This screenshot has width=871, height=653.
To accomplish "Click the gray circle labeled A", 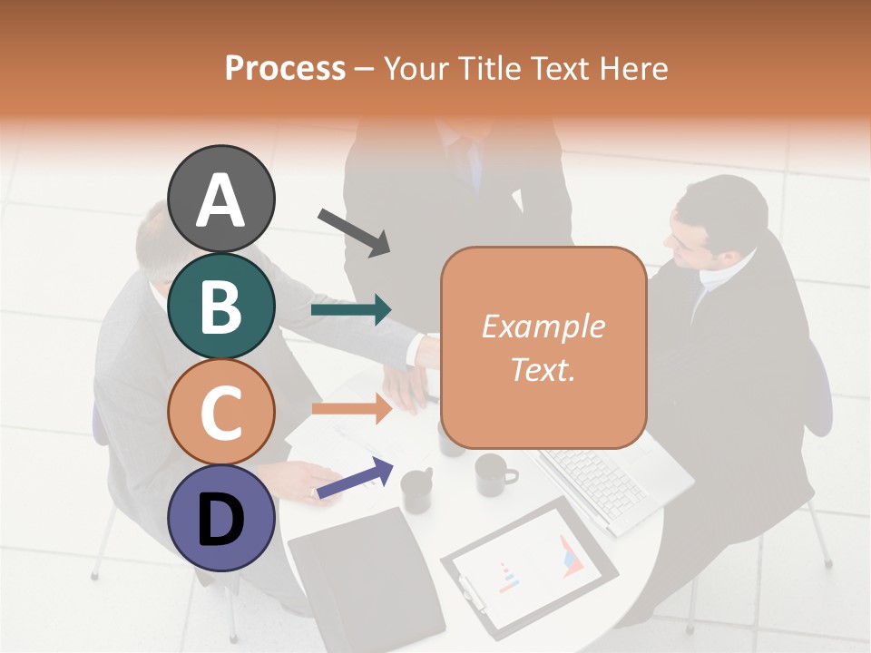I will pyautogui.click(x=220, y=199).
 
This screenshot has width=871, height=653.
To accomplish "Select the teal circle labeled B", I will pyautogui.click(x=220, y=306).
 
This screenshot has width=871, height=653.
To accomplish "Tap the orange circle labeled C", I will pyautogui.click(x=220, y=412).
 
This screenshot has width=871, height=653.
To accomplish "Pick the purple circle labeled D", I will pyautogui.click(x=220, y=518).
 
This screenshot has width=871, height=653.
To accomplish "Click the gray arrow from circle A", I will pyautogui.click(x=354, y=231).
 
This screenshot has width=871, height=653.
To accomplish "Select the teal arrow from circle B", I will pyautogui.click(x=351, y=310).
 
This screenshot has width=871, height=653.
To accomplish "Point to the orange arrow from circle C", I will pyautogui.click(x=351, y=409).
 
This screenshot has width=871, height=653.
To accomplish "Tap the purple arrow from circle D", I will pyautogui.click(x=354, y=477).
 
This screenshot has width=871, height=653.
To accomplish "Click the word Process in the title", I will pyautogui.click(x=285, y=68).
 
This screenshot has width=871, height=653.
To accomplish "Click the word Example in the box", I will pyautogui.click(x=543, y=326).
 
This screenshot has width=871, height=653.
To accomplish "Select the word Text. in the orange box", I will pyautogui.click(x=543, y=369).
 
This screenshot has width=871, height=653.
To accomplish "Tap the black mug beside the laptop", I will pyautogui.click(x=494, y=473).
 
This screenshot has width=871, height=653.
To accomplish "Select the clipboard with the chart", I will pyautogui.click(x=528, y=567).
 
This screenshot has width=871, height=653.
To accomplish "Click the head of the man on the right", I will pyautogui.click(x=717, y=222).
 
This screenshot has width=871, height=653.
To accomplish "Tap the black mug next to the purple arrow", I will pyautogui.click(x=417, y=490).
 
